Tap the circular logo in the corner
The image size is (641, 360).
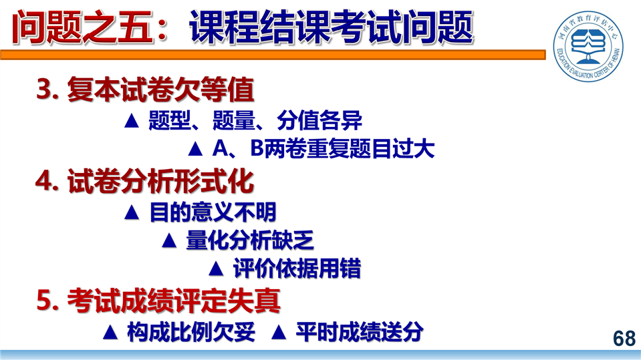[588, 46]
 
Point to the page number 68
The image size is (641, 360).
[624, 339]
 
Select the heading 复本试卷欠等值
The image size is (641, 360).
[160, 89]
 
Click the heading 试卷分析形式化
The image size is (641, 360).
[160, 181]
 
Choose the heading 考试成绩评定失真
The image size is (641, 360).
[174, 301]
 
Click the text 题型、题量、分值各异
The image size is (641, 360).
[255, 120]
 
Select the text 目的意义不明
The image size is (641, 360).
[213, 212]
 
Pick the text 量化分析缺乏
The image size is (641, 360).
[250, 240]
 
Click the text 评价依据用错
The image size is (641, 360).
[297, 268]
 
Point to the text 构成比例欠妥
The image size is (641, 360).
[191, 331]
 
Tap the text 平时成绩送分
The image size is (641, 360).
[360, 331]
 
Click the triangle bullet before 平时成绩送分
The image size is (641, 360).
[279, 332]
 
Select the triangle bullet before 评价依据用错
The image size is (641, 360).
[217, 269]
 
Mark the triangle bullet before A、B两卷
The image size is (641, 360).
[195, 149]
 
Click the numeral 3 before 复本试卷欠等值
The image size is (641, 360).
[45, 89]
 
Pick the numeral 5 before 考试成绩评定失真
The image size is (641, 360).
[45, 301]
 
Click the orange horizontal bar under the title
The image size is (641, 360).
[273, 55]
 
